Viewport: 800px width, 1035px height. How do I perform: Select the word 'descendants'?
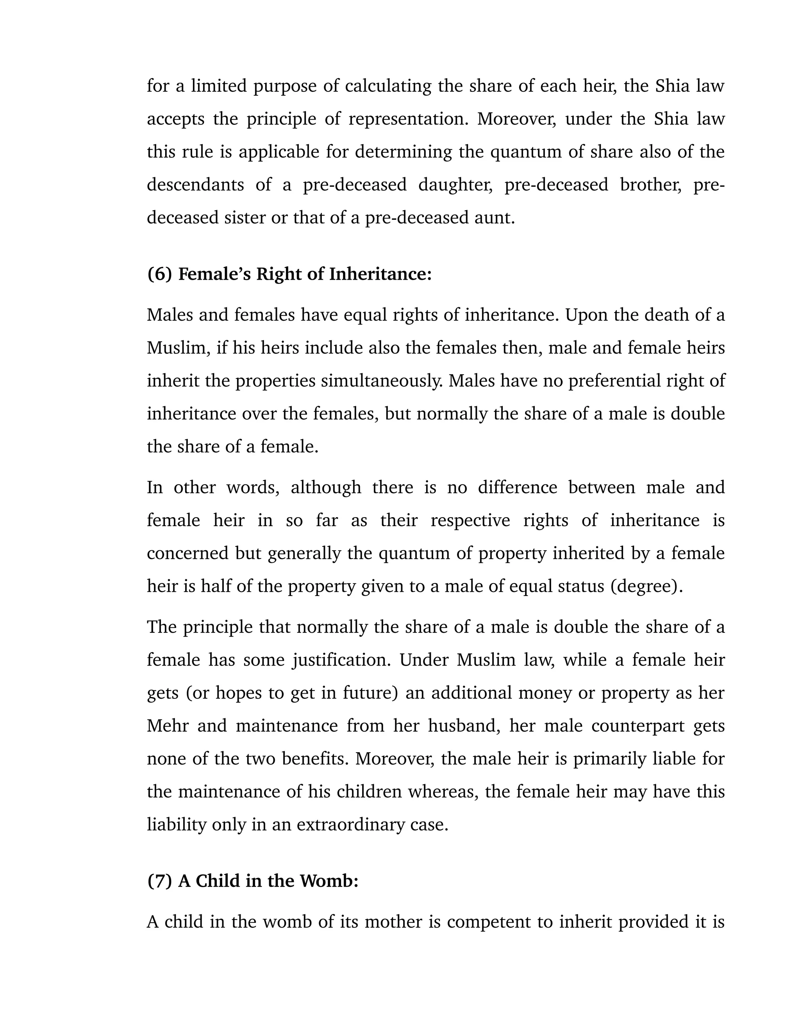point(195,185)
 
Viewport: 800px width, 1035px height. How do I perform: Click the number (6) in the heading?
point(159,274)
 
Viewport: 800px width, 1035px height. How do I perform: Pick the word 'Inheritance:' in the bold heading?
point(380,274)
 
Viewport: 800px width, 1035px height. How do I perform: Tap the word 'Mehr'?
point(167,726)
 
